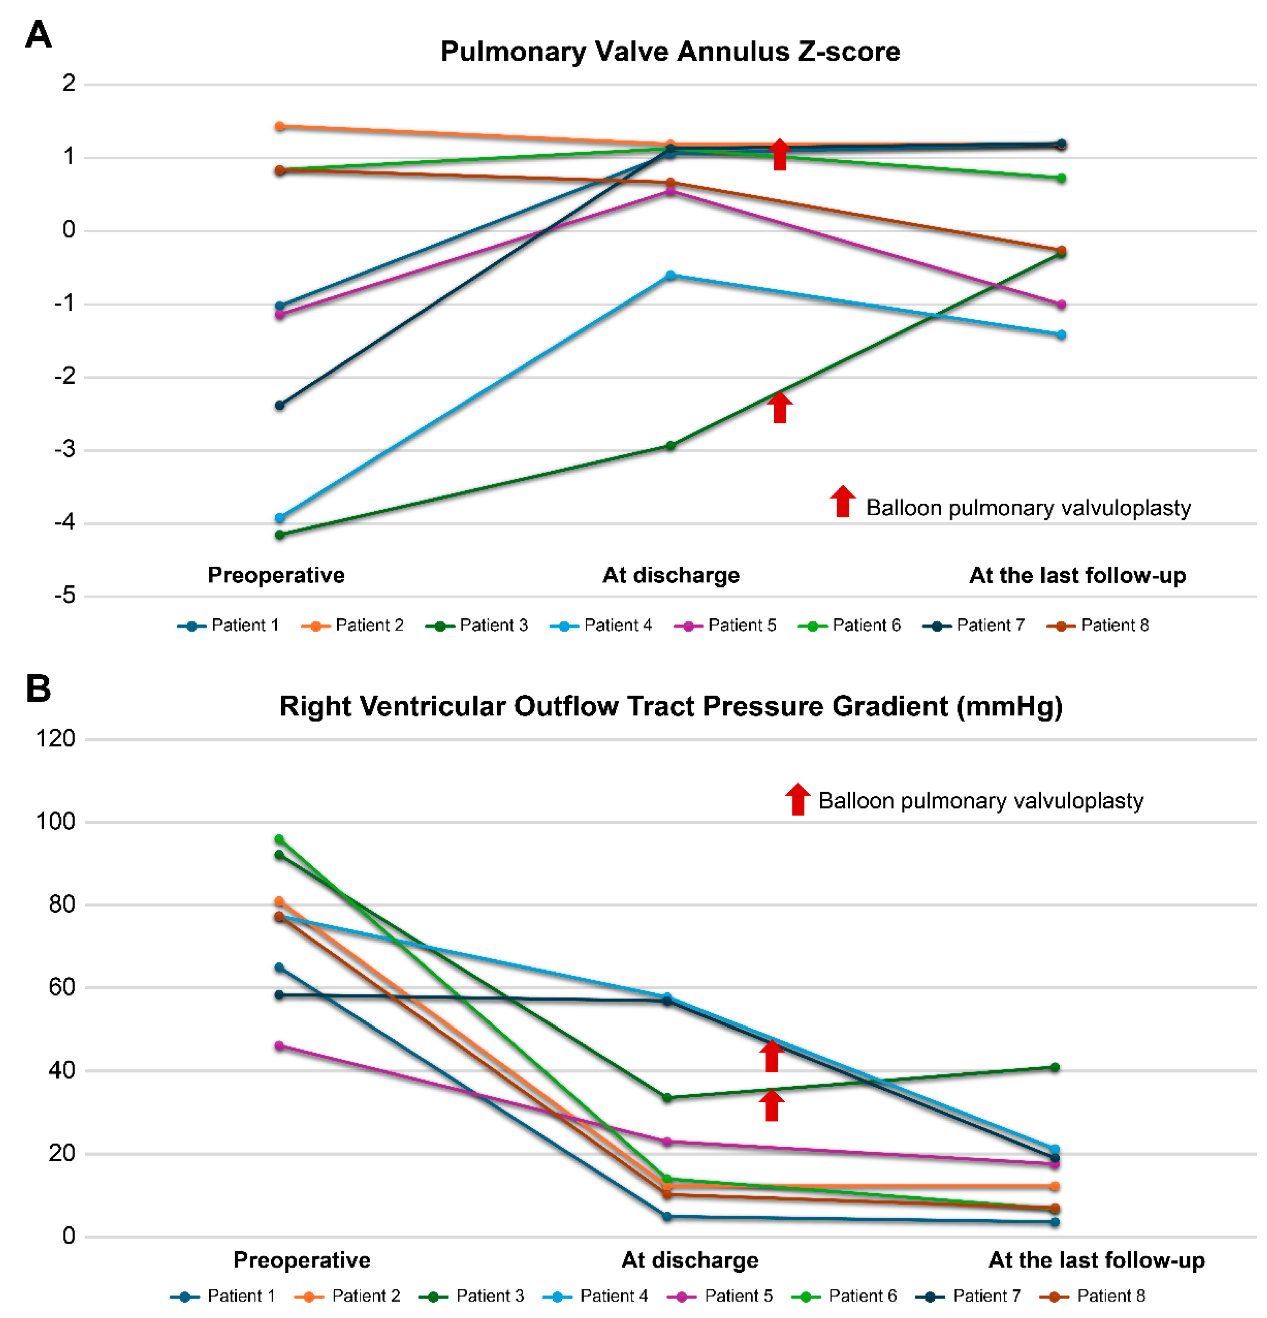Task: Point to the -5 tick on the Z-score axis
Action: tap(65, 596)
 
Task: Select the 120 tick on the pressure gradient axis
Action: tap(56, 739)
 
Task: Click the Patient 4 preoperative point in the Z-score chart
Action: tap(280, 518)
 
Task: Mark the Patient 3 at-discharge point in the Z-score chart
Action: tap(670, 445)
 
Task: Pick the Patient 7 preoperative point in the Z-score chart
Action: tap(280, 405)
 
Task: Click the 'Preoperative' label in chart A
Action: tap(276, 575)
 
